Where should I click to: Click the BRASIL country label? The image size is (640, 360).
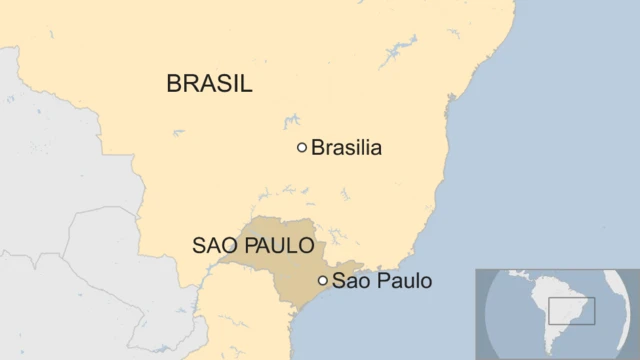pos(209,84)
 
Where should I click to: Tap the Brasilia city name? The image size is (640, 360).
pos(346,148)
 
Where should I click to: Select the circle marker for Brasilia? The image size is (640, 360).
pos(302,148)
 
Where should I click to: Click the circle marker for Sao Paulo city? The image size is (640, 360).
pos(322,281)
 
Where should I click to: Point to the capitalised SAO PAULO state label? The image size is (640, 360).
pos(253,245)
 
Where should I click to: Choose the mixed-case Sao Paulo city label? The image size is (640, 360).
pos(382,281)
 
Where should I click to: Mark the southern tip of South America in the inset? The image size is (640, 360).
pos(548,354)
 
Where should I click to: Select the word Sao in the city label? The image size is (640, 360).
pos(349,281)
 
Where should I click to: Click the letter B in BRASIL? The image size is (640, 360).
pos(174,84)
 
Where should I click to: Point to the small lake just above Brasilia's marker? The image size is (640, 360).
pos(292,120)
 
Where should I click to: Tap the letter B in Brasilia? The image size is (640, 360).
pos(318,148)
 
